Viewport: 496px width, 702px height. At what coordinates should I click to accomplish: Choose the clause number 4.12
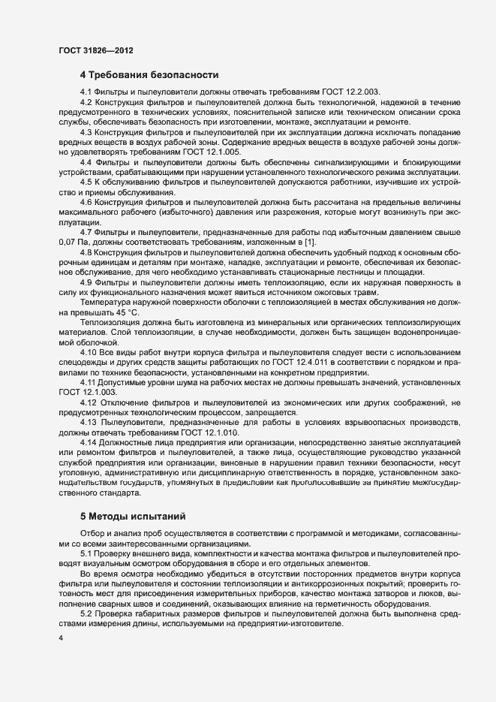tap(89, 403)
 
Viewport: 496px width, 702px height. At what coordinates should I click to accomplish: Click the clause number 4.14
tap(89, 444)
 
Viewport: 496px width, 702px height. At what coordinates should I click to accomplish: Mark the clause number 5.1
tap(87, 553)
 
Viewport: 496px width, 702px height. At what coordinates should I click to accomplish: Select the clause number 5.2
tap(87, 614)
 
